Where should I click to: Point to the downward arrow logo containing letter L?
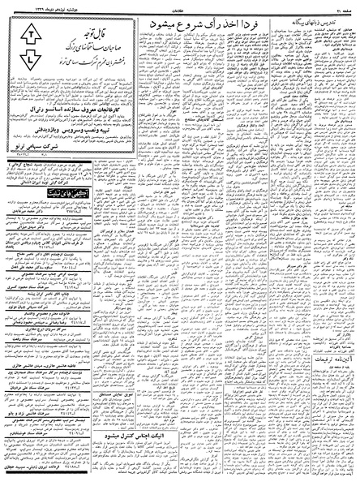point(29,60)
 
